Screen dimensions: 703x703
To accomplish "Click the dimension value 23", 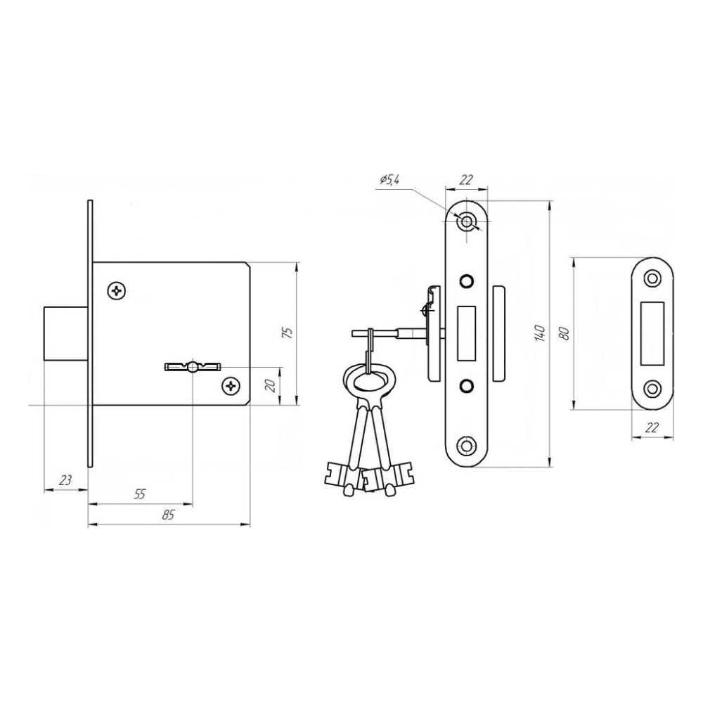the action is coord(65,480).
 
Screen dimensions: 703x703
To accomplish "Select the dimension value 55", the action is coord(140,494).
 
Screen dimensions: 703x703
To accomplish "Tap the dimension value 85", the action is coord(168,515).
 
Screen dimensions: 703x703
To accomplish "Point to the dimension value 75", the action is coord(289,333).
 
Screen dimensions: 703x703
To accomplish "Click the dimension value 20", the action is coord(271,385).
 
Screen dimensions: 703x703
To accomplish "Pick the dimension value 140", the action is coord(541,333).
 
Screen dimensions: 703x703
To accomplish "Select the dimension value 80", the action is coord(565,333).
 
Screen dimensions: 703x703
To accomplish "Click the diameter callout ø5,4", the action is coord(389,180).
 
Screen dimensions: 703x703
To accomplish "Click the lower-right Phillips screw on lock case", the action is coord(231,386).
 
